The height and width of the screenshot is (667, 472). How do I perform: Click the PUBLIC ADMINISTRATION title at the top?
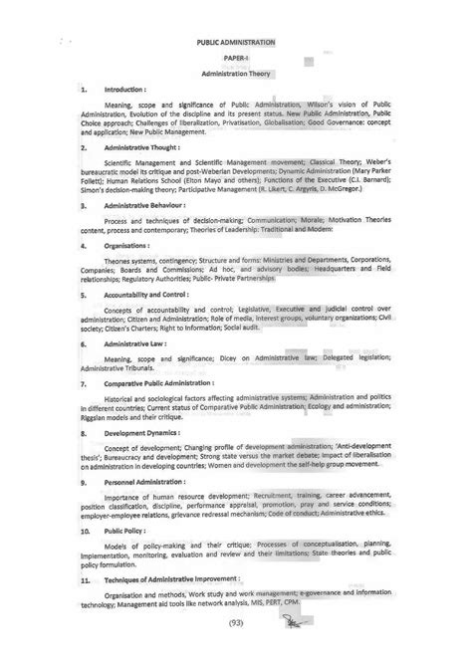click(237, 44)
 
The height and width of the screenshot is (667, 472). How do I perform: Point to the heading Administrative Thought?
click(146, 146)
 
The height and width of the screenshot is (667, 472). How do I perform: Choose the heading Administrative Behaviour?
click(150, 203)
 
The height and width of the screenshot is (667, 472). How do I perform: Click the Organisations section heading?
click(131, 242)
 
